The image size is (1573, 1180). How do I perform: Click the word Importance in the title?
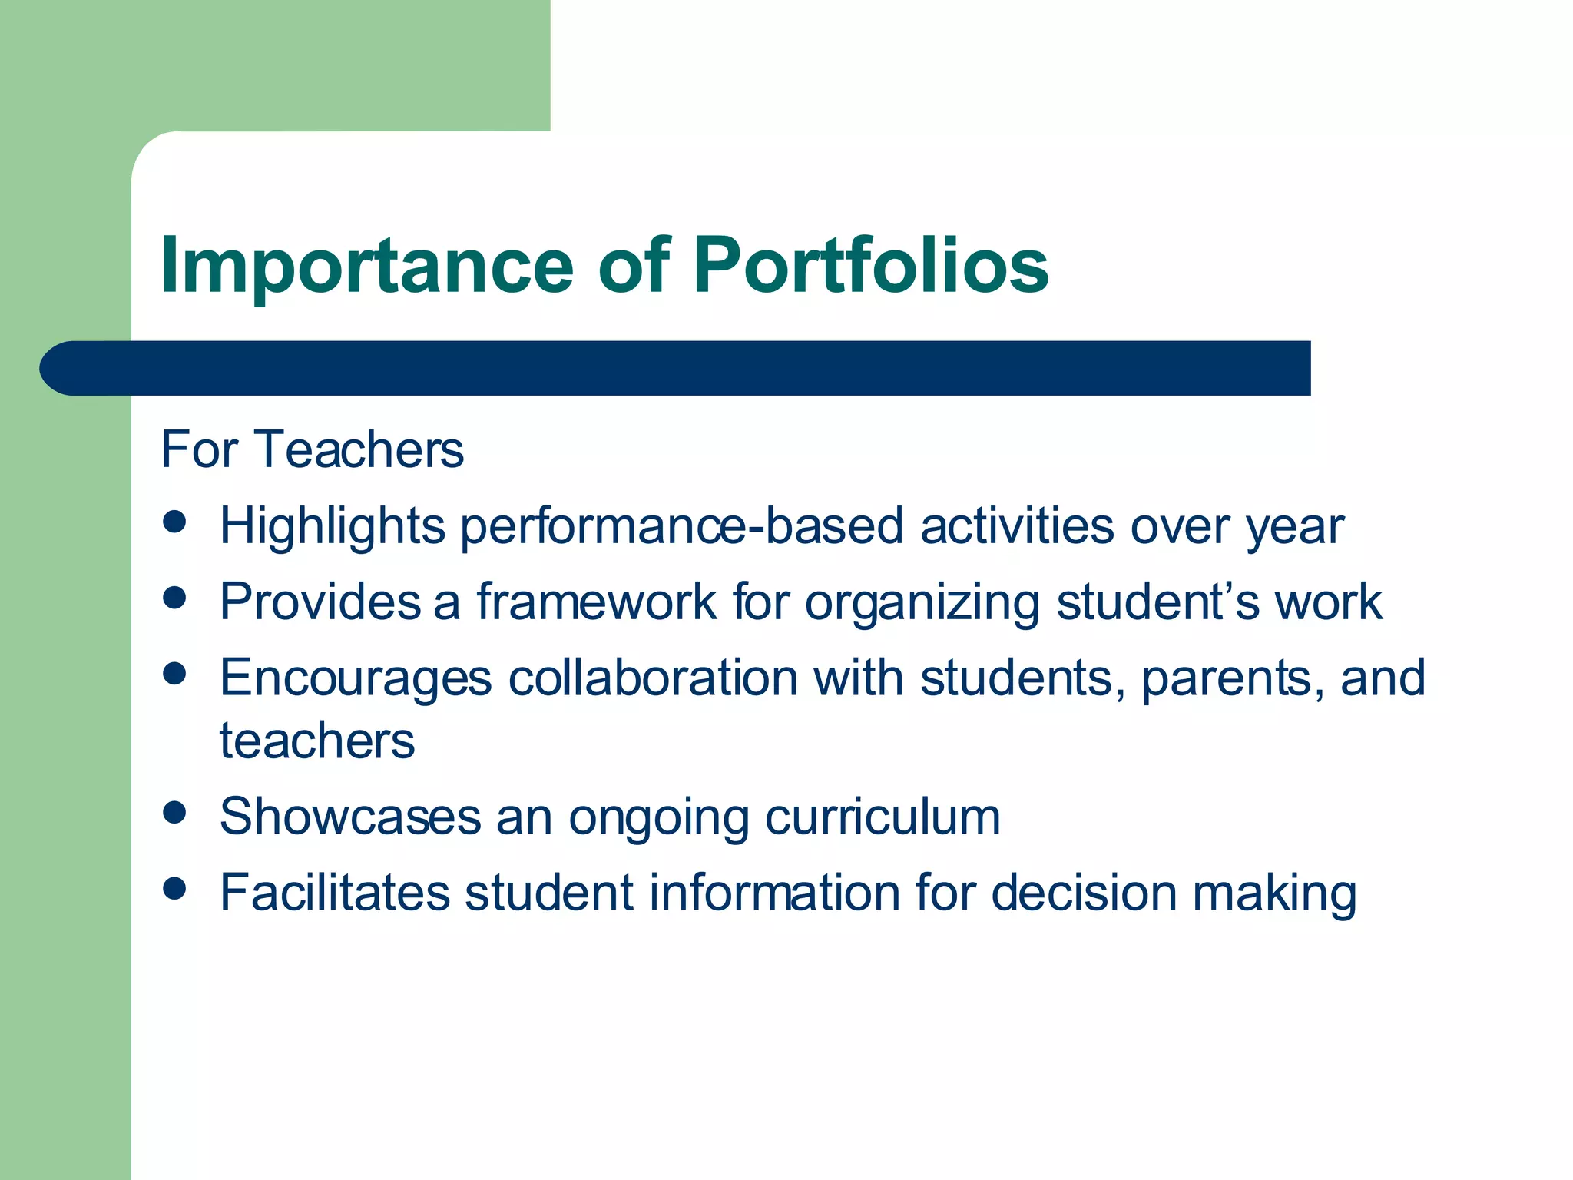point(367,267)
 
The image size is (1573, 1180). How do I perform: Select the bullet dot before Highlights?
point(175,522)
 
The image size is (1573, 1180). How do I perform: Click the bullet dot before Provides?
point(175,598)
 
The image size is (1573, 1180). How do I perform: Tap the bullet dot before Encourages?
point(175,674)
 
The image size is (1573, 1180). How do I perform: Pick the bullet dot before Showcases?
point(175,812)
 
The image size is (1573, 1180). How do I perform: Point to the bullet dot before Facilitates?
point(175,888)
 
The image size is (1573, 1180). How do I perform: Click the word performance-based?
point(681,527)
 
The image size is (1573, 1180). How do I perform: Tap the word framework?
point(596,602)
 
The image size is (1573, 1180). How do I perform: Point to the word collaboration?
point(653,678)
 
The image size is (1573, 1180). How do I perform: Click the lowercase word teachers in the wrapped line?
point(317,741)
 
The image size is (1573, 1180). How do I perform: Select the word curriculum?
point(883,816)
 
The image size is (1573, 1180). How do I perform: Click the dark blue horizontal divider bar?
point(676,368)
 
